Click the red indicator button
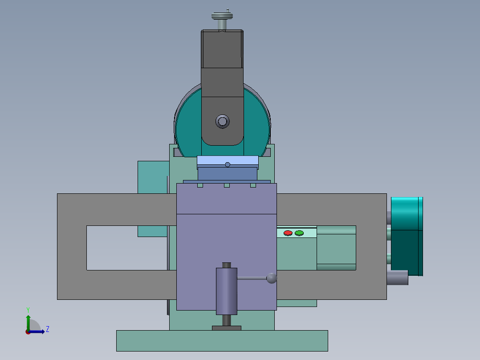(288, 233)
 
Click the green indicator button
(299, 233)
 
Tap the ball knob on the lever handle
(272, 278)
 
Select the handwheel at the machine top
(222, 16)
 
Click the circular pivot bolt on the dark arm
(222, 121)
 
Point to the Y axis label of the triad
(28, 309)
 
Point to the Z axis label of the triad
(47, 329)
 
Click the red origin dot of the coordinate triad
(28, 331)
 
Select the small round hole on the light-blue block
(228, 164)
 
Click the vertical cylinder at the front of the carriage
(227, 290)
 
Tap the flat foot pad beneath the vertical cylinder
(227, 328)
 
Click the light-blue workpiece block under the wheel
(228, 161)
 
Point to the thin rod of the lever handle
(252, 279)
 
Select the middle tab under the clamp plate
(227, 185)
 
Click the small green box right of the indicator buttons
(336, 248)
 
